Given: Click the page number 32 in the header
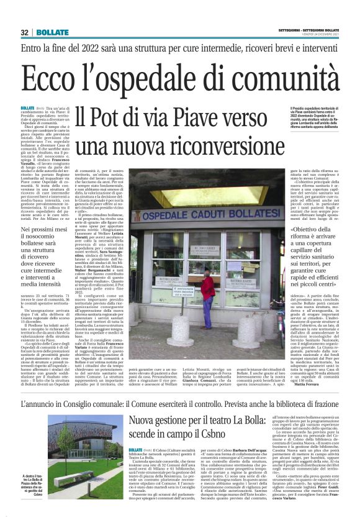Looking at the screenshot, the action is tap(25, 32).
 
